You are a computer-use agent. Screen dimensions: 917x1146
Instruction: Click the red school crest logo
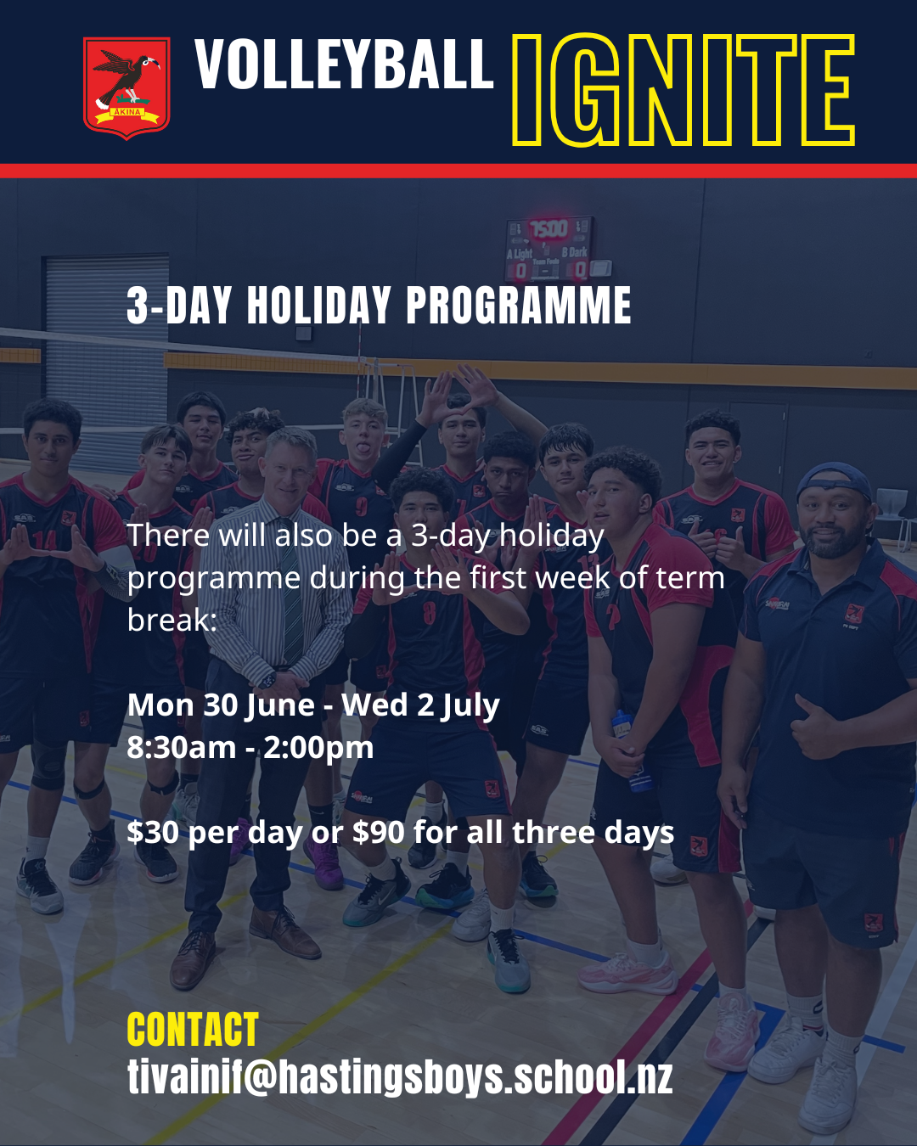coord(127,88)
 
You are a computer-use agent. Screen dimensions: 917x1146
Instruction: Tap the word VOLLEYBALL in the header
coord(344,64)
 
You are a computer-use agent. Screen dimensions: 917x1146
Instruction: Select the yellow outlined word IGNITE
coord(684,90)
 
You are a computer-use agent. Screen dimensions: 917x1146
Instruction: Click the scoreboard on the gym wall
coord(550,250)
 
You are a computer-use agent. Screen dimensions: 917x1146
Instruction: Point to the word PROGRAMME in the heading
coord(519,305)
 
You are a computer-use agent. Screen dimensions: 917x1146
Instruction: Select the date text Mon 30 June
coord(221,705)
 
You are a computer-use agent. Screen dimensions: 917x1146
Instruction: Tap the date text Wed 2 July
coord(420,705)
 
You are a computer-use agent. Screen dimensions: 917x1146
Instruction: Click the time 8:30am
coord(181,748)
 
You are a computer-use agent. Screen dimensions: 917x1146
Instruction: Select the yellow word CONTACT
coord(193,1030)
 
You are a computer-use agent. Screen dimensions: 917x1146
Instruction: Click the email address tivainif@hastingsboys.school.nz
coord(400,1076)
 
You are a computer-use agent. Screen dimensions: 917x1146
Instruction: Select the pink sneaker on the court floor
coord(627,973)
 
